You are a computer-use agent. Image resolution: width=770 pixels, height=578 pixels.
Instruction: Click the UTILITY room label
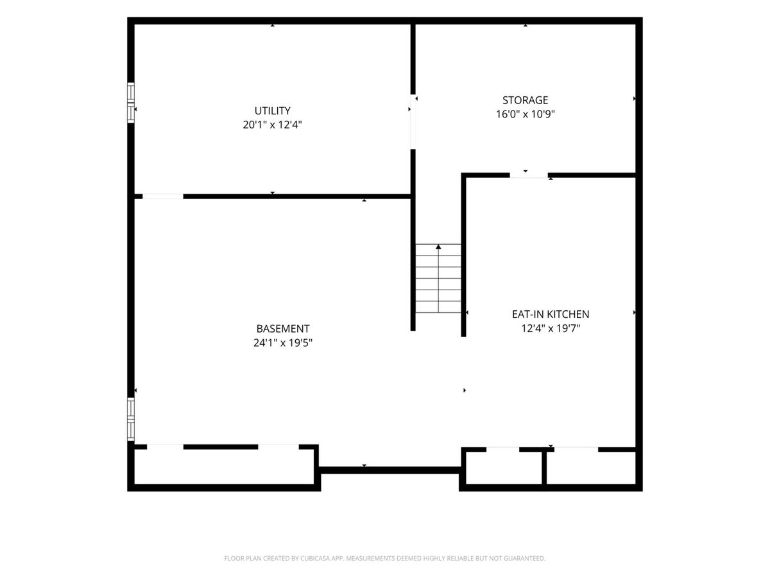272,110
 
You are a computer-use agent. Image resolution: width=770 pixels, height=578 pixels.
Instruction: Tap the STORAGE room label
525,100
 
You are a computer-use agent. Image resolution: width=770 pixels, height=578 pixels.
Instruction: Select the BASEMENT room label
283,328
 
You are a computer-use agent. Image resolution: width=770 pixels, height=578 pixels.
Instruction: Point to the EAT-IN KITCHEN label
550,314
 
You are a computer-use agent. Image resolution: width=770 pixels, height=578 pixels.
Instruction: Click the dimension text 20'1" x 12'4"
272,125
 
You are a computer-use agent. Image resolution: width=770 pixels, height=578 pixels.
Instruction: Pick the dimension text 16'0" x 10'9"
525,114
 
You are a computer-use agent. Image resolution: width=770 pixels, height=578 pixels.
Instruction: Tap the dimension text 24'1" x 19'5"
283,342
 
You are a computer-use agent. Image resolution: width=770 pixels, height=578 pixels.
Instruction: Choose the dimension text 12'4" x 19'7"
551,328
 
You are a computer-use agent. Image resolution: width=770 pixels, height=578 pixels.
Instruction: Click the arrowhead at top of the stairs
438,247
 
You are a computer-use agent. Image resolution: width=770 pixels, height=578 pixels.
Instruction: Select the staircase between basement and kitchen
438,278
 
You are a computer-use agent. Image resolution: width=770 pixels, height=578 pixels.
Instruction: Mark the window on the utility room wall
130,103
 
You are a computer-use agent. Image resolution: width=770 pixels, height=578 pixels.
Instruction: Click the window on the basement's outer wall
130,419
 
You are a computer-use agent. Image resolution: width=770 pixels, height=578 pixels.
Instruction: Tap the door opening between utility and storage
413,122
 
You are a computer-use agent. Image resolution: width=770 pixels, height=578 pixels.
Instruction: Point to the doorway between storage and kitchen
529,175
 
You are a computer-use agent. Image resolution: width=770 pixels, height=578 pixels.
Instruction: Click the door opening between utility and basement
163,197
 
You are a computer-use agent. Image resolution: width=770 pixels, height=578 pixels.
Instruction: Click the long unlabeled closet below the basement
225,467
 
